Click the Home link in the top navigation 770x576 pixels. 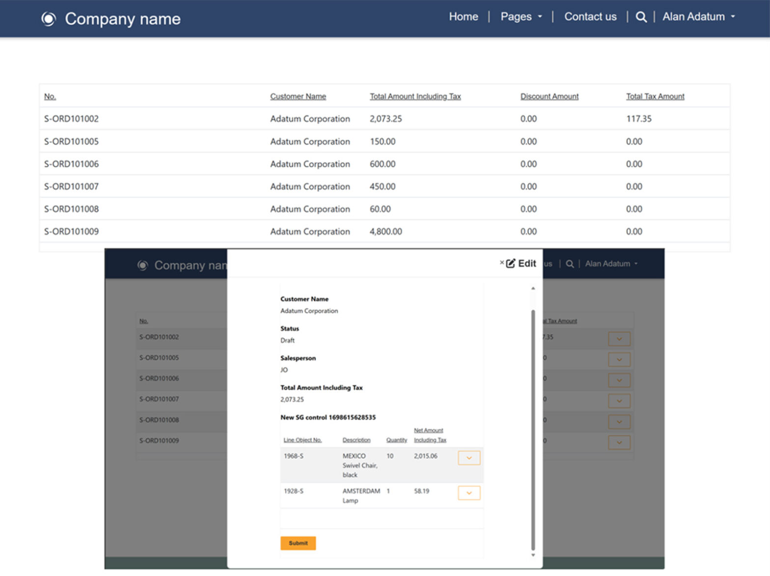pyautogui.click(x=463, y=17)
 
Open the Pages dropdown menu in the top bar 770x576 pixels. pyautogui.click(x=521, y=17)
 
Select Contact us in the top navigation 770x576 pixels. pyautogui.click(x=590, y=17)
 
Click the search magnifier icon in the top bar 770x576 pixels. pyautogui.click(x=641, y=17)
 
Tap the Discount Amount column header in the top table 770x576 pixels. pyautogui.click(x=549, y=96)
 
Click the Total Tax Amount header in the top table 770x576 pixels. pyautogui.click(x=655, y=96)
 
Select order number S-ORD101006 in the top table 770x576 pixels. pyautogui.click(x=71, y=164)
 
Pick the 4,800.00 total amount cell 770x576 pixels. pyautogui.click(x=385, y=231)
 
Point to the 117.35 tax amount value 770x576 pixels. pyautogui.click(x=638, y=119)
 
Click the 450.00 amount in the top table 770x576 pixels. pyautogui.click(x=382, y=187)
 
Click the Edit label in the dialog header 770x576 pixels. pyautogui.click(x=526, y=264)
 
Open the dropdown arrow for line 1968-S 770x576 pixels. pyautogui.click(x=469, y=458)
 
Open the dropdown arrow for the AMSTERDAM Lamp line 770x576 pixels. pyautogui.click(x=469, y=493)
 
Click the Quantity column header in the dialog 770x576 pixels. pyautogui.click(x=396, y=440)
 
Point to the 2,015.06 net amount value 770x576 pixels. pyautogui.click(x=425, y=456)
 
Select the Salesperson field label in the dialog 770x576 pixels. pyautogui.click(x=298, y=358)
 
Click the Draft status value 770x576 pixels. pyautogui.click(x=287, y=340)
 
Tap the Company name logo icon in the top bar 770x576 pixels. pyautogui.click(x=48, y=19)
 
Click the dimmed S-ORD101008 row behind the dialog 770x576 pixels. pyautogui.click(x=159, y=420)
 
